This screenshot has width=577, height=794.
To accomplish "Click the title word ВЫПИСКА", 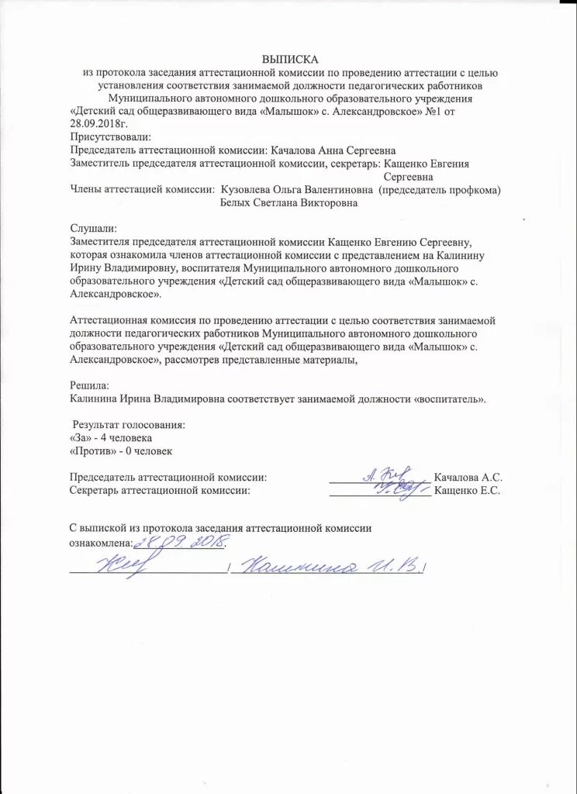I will point(289,59).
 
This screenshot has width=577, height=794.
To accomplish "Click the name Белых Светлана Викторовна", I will point(289,203).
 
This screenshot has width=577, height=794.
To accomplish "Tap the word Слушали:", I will point(92,229).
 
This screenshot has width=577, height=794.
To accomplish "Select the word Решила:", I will point(90,385).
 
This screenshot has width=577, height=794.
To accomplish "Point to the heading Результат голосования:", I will point(129,425).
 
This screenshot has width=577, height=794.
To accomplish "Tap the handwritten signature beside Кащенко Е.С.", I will point(392,488).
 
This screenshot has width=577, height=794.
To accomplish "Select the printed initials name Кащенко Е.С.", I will point(468,491).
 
